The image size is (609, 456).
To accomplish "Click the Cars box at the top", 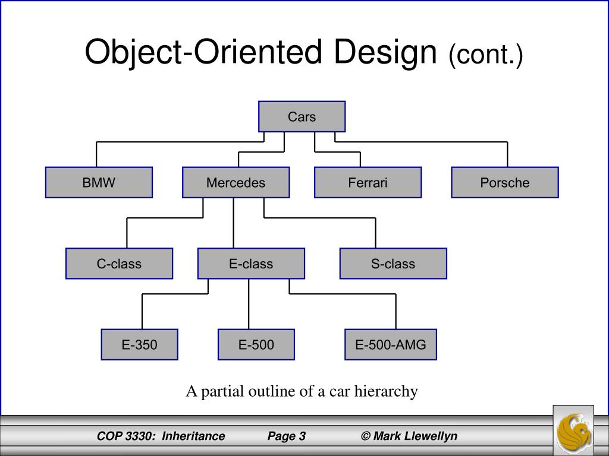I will (302, 116).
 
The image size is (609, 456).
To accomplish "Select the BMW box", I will (99, 182).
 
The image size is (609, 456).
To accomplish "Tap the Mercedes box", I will (236, 182).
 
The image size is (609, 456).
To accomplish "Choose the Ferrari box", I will (368, 182).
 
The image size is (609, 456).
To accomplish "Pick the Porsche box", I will (504, 182).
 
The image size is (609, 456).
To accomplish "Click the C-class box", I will (119, 264).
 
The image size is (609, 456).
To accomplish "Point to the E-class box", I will (251, 264).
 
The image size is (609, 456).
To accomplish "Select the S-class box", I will (393, 264).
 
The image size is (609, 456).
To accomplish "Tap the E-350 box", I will (139, 344).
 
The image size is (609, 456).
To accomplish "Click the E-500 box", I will (256, 344).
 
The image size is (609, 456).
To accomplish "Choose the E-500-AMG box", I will (391, 344).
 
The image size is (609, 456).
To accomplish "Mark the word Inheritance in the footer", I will (193, 436).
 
